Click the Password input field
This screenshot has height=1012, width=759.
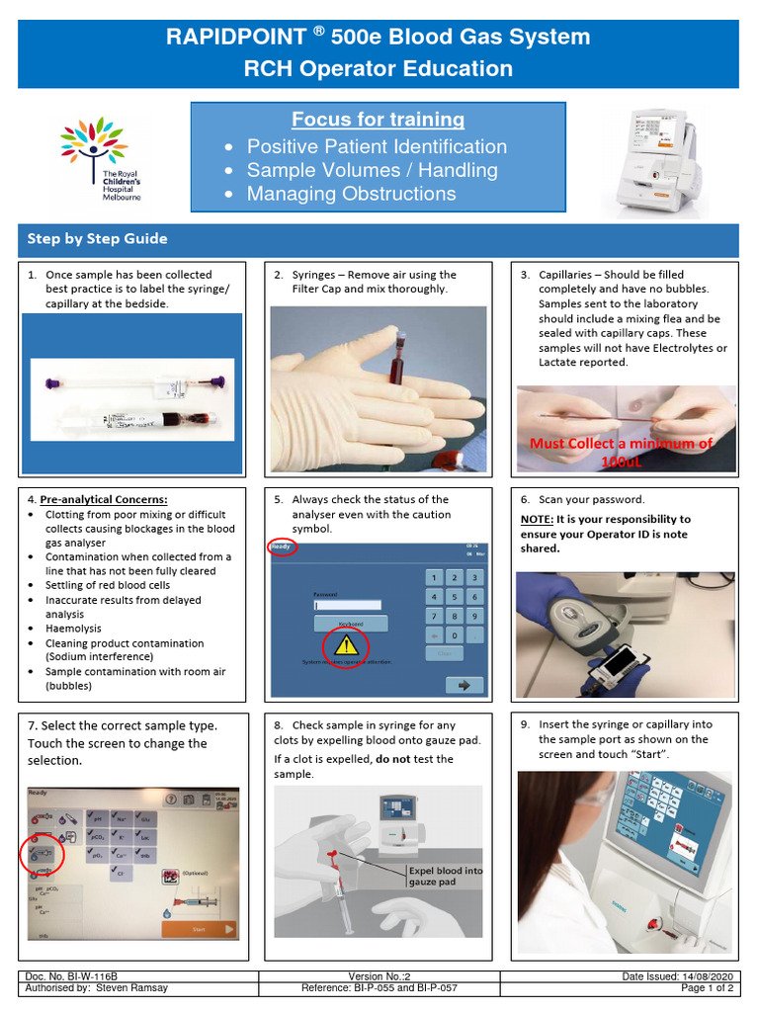pyautogui.click(x=347, y=605)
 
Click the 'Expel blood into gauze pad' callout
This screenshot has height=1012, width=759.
pyautogui.click(x=446, y=876)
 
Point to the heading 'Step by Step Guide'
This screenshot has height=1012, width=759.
pyautogui.click(x=97, y=239)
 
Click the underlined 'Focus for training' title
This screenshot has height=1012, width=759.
pyautogui.click(x=378, y=120)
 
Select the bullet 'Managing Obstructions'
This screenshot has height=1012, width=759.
pyautogui.click(x=351, y=194)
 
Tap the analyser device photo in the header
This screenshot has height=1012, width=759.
pyautogui.click(x=655, y=160)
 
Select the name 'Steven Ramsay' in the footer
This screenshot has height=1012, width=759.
pyautogui.click(x=132, y=987)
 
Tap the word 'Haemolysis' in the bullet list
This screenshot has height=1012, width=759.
pyautogui.click(x=73, y=629)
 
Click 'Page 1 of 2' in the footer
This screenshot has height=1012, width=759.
pyautogui.click(x=707, y=987)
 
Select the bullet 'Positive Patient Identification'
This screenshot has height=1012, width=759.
pyautogui.click(x=377, y=146)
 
